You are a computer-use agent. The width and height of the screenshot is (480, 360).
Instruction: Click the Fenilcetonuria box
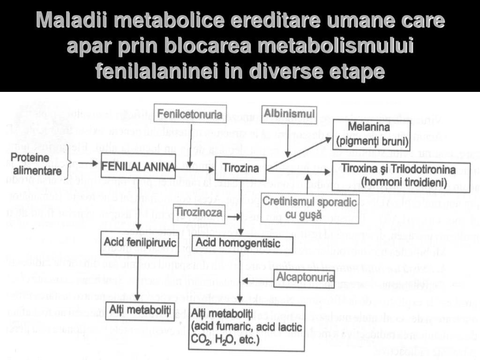[x=190, y=114]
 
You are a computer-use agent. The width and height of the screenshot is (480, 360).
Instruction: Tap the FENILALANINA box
[x=138, y=166]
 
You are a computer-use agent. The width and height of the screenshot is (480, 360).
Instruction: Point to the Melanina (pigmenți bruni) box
[x=369, y=133]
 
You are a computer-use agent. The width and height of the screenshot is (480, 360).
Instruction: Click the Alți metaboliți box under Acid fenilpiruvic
[x=140, y=309]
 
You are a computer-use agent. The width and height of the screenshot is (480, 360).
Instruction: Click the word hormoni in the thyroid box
[x=372, y=181]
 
